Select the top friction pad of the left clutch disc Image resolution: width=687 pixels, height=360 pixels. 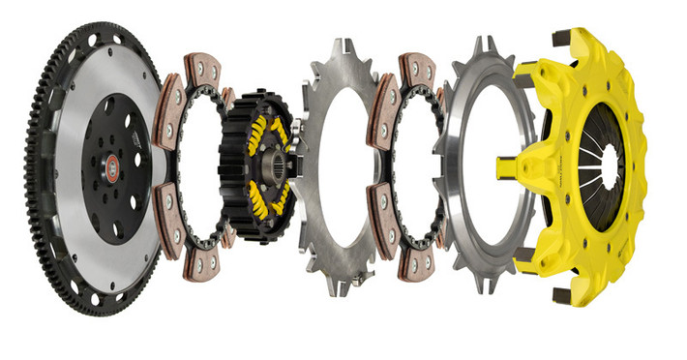pos(204,69)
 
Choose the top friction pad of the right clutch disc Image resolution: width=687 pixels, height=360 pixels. pos(417,69)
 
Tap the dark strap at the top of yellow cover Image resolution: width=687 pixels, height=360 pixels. pos(561,39)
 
